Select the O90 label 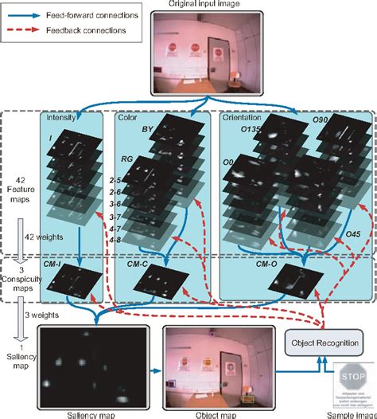coord(321,120)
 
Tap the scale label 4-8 coord(115,239)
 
